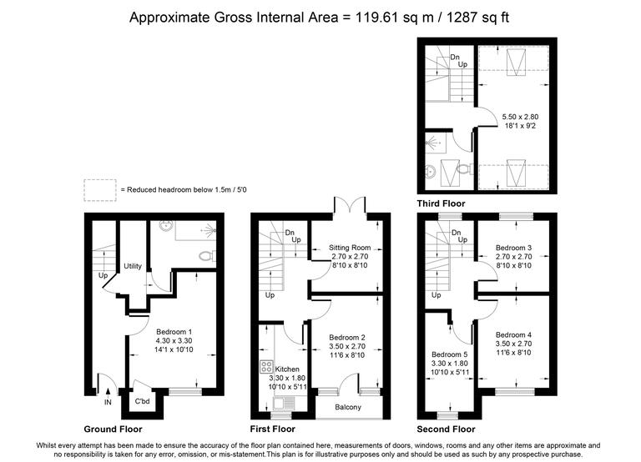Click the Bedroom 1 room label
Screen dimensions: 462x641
[x=174, y=332]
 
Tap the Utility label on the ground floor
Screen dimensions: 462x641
[x=133, y=266]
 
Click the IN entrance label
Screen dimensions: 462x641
[x=108, y=403]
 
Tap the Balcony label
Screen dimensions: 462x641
[x=348, y=407]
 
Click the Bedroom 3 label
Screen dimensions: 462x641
[x=513, y=248]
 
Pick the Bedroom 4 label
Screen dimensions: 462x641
[x=513, y=334]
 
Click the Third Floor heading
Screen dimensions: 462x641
[x=441, y=203]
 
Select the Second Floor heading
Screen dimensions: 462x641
[x=446, y=429]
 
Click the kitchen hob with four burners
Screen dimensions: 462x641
[x=267, y=368]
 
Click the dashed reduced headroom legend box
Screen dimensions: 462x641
[x=99, y=189]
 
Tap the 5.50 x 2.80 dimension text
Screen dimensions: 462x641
[x=520, y=117]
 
